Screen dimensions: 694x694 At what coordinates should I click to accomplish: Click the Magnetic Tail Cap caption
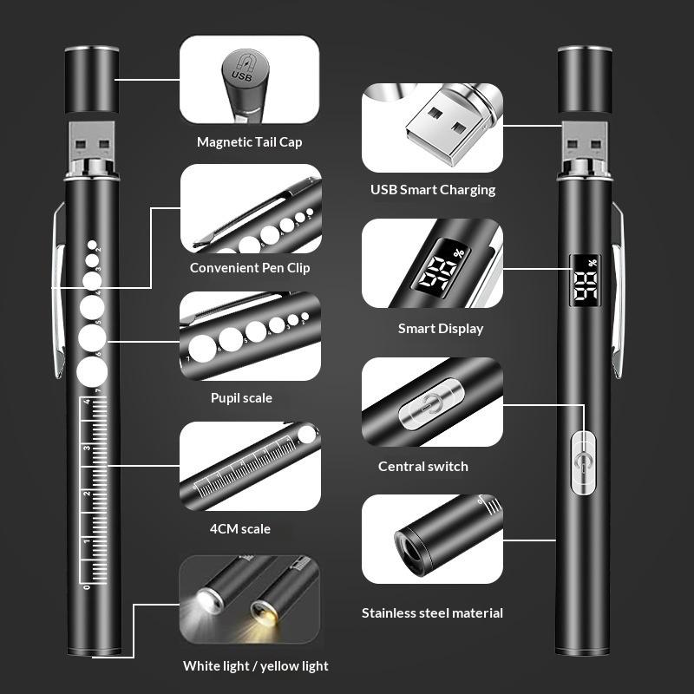(250, 142)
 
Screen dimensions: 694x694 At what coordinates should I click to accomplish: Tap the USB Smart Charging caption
(433, 190)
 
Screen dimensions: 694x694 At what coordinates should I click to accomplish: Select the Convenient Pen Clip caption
(250, 268)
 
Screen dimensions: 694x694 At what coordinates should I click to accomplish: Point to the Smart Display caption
(441, 329)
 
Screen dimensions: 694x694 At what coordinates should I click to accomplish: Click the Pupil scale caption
(241, 398)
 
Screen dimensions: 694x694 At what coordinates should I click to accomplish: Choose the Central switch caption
(423, 467)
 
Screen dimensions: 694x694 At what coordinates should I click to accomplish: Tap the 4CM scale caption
(240, 529)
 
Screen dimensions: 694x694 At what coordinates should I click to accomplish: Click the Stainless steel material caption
(432, 613)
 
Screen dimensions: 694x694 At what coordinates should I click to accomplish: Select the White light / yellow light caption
(255, 666)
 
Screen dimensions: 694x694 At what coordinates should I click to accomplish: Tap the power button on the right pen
(583, 463)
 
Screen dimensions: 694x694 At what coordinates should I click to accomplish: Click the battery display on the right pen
(585, 280)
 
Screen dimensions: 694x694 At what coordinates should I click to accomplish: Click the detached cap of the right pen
(585, 79)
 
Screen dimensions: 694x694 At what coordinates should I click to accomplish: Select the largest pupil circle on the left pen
(92, 372)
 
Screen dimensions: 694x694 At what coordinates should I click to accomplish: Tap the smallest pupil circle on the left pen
(92, 245)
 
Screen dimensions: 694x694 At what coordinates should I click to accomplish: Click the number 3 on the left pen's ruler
(88, 448)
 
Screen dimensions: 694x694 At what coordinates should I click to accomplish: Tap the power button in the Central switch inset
(431, 403)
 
